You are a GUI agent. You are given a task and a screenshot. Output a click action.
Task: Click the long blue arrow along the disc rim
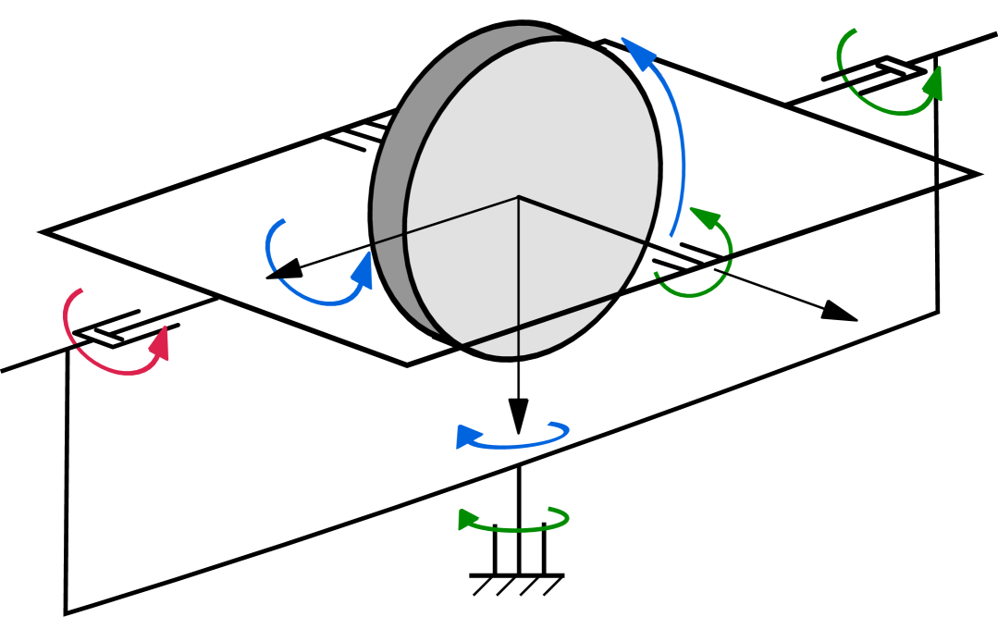tap(678, 139)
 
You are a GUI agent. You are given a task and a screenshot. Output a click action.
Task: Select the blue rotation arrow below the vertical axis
tap(513, 442)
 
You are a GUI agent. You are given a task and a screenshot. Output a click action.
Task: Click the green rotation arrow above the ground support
tap(514, 527)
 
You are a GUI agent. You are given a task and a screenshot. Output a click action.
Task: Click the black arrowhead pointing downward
tap(518, 413)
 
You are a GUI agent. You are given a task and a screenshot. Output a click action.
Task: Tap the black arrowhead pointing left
tap(285, 269)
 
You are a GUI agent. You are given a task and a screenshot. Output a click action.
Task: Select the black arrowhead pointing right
tap(838, 312)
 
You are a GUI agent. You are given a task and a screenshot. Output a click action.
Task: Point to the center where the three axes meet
tap(518, 197)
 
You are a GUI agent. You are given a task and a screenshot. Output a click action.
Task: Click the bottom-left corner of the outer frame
tap(66, 611)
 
